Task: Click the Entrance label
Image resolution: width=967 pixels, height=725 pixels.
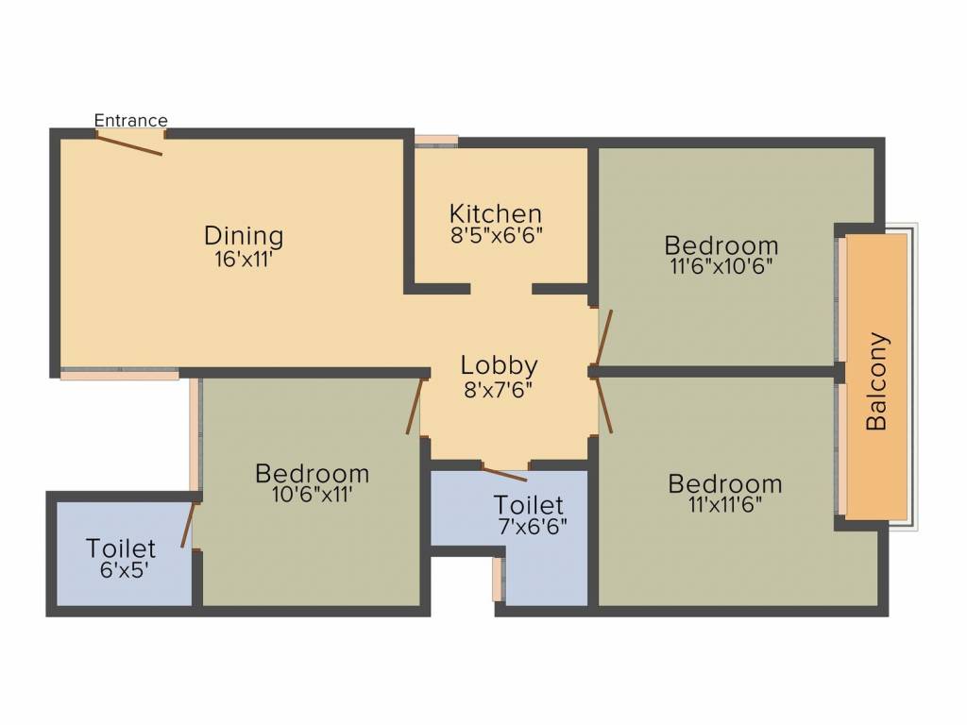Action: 131,120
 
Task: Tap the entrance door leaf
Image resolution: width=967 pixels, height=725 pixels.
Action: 129,143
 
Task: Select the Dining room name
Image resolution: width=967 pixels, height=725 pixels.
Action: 244,235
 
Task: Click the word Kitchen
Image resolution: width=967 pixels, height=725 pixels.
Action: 496,213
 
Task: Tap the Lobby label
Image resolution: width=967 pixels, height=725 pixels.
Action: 500,364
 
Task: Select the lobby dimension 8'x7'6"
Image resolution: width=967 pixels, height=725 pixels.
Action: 500,387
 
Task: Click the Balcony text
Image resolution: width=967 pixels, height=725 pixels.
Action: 877,380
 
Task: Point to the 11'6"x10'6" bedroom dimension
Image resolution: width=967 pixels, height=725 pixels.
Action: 721,265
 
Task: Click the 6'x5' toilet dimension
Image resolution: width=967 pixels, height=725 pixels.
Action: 121,569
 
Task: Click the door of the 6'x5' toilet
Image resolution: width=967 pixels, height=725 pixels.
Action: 189,525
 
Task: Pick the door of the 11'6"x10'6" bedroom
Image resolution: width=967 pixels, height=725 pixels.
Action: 602,337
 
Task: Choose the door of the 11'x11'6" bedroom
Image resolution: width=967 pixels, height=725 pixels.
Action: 602,404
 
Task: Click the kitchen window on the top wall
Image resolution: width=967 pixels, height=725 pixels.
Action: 436,141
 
